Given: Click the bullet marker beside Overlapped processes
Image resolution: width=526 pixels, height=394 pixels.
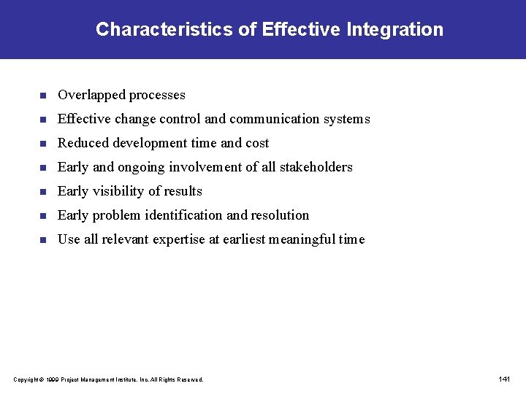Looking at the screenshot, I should [43, 96].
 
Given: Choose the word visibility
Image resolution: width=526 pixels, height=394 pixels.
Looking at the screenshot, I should [121, 191].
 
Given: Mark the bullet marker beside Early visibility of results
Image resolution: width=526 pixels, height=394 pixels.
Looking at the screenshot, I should [43, 192].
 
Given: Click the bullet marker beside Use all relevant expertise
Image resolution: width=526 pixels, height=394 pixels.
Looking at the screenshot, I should [43, 240].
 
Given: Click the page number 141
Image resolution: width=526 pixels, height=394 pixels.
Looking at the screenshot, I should [504, 379].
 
